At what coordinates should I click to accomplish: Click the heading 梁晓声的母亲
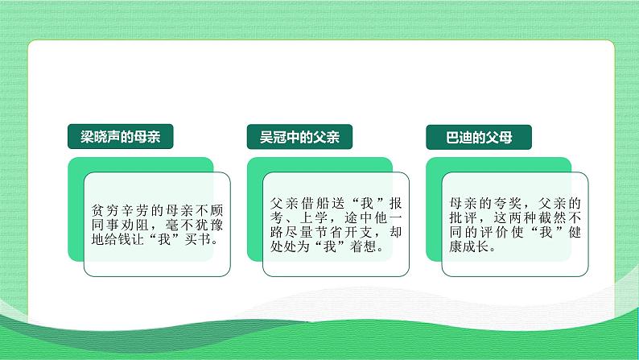tap(115, 137)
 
